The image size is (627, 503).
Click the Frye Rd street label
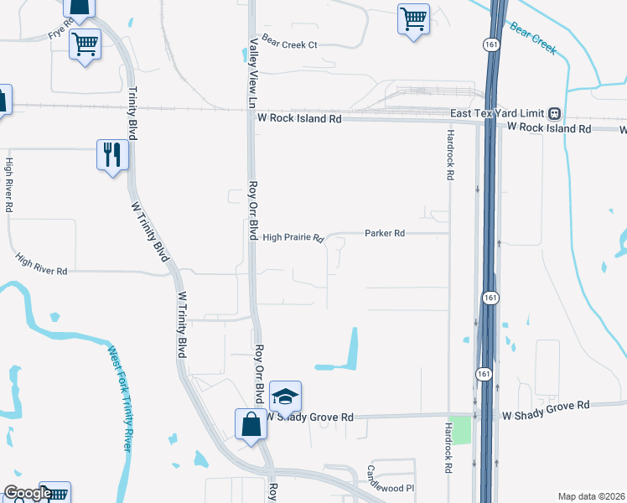57,33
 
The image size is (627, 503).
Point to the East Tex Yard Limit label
497,113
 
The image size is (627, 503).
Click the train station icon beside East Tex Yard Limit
554,113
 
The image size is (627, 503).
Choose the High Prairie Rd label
293,238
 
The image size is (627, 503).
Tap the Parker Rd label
385,233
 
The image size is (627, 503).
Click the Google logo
27,494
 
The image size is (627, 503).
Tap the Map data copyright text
592,496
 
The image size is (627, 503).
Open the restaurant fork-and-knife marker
112,154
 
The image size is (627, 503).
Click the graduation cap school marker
285,395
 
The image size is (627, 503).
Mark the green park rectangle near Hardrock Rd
459,430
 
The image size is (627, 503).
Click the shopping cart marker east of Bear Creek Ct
413,18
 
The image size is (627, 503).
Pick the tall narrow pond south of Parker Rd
353,348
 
